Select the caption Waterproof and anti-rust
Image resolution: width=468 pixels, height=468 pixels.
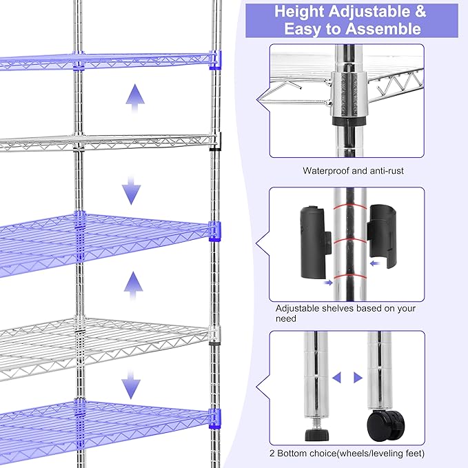pyautogui.click(x=353, y=170)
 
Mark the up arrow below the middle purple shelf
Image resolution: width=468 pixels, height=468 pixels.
pyautogui.click(x=133, y=281)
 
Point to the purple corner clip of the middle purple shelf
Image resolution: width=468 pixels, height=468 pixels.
pyautogui.click(x=215, y=230)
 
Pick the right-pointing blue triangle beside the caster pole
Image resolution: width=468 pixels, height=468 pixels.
pyautogui.click(x=357, y=378)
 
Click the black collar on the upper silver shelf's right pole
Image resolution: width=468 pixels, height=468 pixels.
pyautogui.click(x=214, y=141)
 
